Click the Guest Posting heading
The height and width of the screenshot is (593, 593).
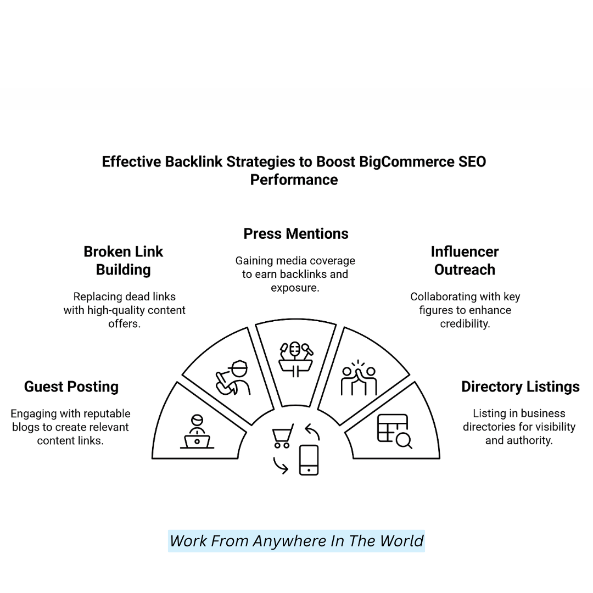(71, 387)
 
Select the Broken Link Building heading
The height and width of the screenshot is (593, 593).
(124, 260)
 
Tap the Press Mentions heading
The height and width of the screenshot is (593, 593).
(296, 233)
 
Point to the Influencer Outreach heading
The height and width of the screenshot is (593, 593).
(465, 260)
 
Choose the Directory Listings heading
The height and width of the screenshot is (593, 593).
(521, 387)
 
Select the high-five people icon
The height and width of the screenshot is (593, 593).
(359, 378)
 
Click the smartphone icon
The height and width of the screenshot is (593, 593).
(309, 460)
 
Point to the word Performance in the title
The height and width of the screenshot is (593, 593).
(294, 180)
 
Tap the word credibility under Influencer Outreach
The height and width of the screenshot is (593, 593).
(465, 323)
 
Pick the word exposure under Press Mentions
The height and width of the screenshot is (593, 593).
(294, 287)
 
